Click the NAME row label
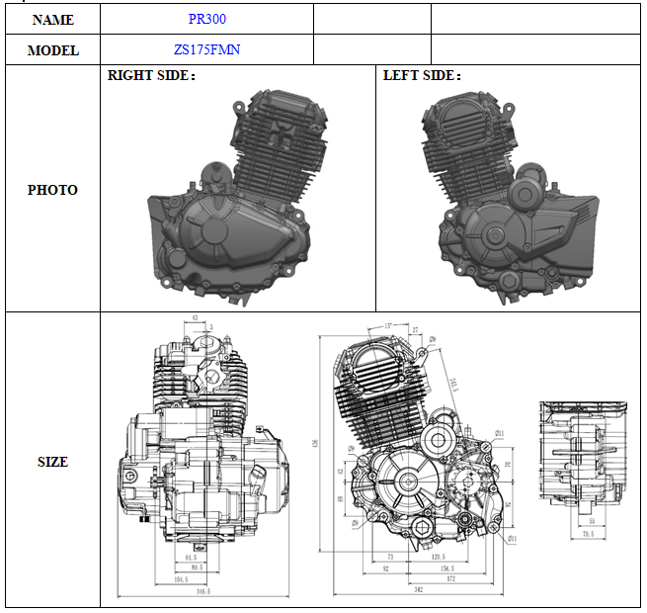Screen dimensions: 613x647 53,19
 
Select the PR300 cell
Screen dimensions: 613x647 206,19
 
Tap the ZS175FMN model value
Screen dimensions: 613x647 206,49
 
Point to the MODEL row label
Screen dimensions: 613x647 53,49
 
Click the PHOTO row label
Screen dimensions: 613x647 53,190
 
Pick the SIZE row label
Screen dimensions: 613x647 53,462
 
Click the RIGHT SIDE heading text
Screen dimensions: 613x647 151,75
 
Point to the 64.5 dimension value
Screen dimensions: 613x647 192,559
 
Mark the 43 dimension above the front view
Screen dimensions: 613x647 196,318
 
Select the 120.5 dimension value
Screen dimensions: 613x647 439,559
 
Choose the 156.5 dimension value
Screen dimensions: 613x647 446,569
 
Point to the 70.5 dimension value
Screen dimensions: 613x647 587,534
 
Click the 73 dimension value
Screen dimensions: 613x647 390,559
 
